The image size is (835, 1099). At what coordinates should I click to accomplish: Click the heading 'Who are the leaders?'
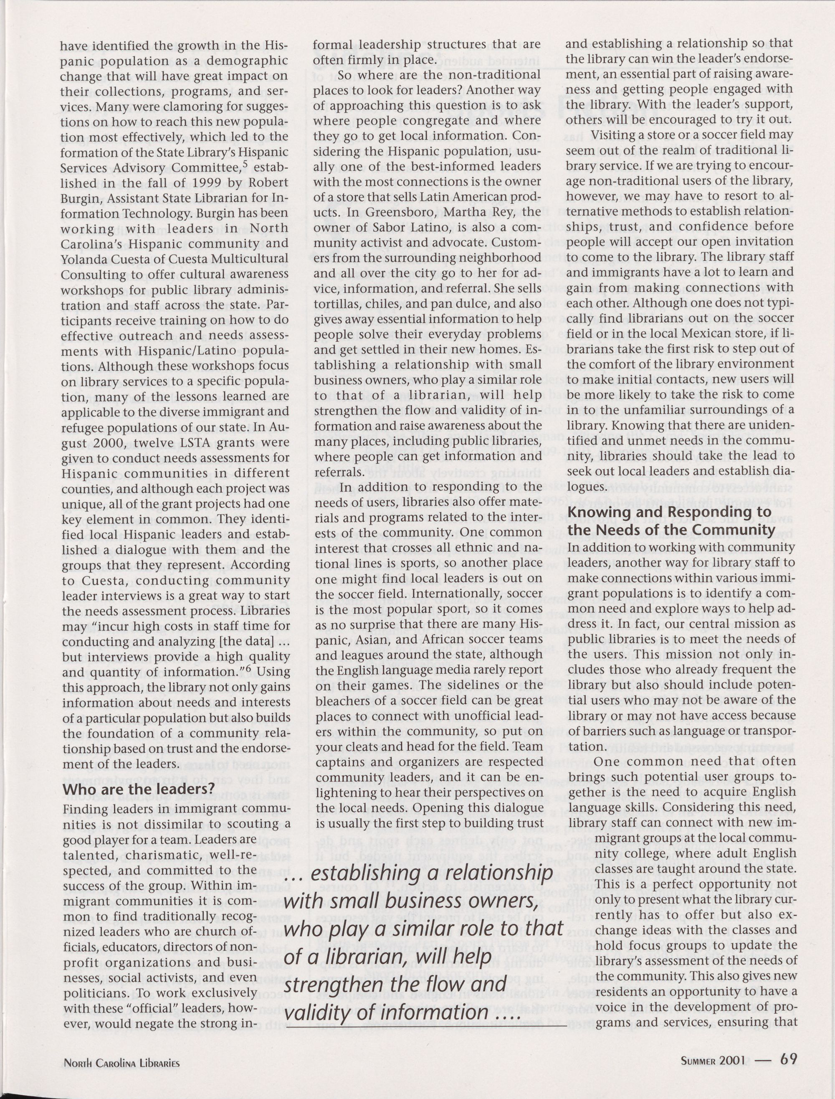click(138, 789)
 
